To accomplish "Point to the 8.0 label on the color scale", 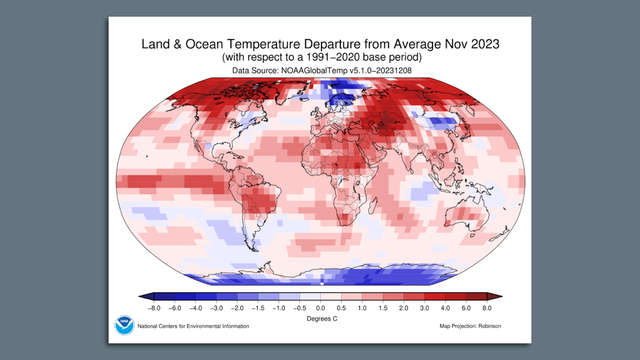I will (488, 307).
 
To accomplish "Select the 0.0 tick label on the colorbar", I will (320, 307).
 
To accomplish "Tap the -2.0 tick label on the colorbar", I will (236, 307).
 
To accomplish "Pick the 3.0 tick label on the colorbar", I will (425, 307).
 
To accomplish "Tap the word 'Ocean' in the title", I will (214, 48).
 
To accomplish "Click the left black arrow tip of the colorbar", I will (146, 296).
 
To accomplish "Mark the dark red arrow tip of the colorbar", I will (494, 296).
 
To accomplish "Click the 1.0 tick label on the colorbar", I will (362, 307).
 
